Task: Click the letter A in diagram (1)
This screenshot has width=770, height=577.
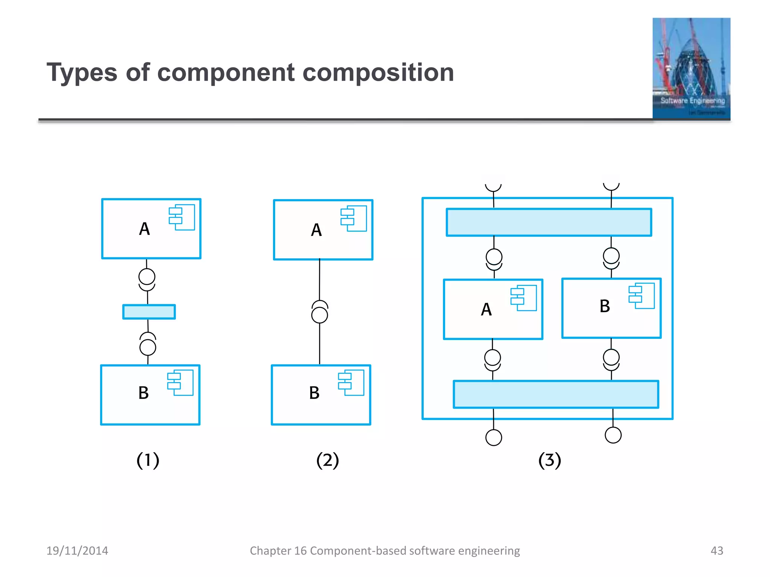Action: [144, 229]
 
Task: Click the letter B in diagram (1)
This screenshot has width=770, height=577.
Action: [144, 393]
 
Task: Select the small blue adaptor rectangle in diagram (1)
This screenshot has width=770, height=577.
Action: [149, 312]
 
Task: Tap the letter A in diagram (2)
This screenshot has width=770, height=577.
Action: [316, 230]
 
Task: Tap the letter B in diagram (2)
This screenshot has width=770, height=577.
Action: [314, 393]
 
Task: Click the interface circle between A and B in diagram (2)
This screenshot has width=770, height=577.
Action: [320, 315]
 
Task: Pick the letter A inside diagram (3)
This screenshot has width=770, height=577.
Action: [486, 310]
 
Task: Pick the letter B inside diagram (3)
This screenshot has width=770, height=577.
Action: [605, 306]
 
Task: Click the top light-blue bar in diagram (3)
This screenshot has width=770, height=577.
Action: [549, 222]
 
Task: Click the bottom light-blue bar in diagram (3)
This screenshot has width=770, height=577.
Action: [556, 394]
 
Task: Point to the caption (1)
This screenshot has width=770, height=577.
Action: [148, 460]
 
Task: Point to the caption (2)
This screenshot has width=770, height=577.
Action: [327, 460]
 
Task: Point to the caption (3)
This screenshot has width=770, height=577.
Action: [550, 460]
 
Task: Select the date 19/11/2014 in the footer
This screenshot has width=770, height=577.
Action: [77, 551]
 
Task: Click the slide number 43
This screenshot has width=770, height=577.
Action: [717, 551]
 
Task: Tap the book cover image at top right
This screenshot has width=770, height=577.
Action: [691, 68]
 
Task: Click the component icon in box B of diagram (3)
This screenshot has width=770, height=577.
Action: [641, 296]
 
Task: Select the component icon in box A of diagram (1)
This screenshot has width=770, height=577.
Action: [182, 217]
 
